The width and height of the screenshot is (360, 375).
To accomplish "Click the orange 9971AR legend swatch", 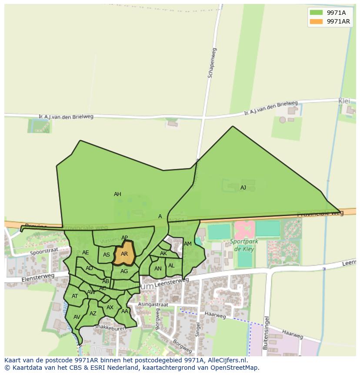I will [x=316, y=21].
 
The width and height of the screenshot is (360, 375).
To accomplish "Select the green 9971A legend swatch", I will [x=316, y=12].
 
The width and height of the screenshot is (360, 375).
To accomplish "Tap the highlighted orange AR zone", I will [x=124, y=254].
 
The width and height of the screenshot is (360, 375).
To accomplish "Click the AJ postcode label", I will [x=243, y=188].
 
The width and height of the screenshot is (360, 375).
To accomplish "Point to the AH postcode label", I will [x=117, y=194].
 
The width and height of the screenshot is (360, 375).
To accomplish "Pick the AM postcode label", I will [x=188, y=244].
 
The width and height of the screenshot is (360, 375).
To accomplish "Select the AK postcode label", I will [x=163, y=253].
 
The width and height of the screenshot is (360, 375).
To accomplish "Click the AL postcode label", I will [x=171, y=266].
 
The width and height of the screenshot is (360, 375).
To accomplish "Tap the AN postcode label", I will [x=158, y=269].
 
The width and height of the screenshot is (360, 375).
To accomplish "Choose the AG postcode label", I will [x=124, y=271].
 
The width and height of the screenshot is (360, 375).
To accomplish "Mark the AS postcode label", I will [x=107, y=255].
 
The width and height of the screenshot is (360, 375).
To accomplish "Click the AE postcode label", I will [x=86, y=253].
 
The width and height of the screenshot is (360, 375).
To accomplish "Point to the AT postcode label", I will [x=75, y=296].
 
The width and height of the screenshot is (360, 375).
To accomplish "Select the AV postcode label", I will [x=77, y=317].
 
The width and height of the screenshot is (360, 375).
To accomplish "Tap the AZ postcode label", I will [x=93, y=314].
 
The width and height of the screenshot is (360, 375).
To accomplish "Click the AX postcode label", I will [x=110, y=307].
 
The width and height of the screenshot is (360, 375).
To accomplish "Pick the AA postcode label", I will [x=125, y=311].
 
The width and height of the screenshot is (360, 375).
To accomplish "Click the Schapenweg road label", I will [x=212, y=63].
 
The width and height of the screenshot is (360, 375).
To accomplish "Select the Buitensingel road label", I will [x=266, y=332].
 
